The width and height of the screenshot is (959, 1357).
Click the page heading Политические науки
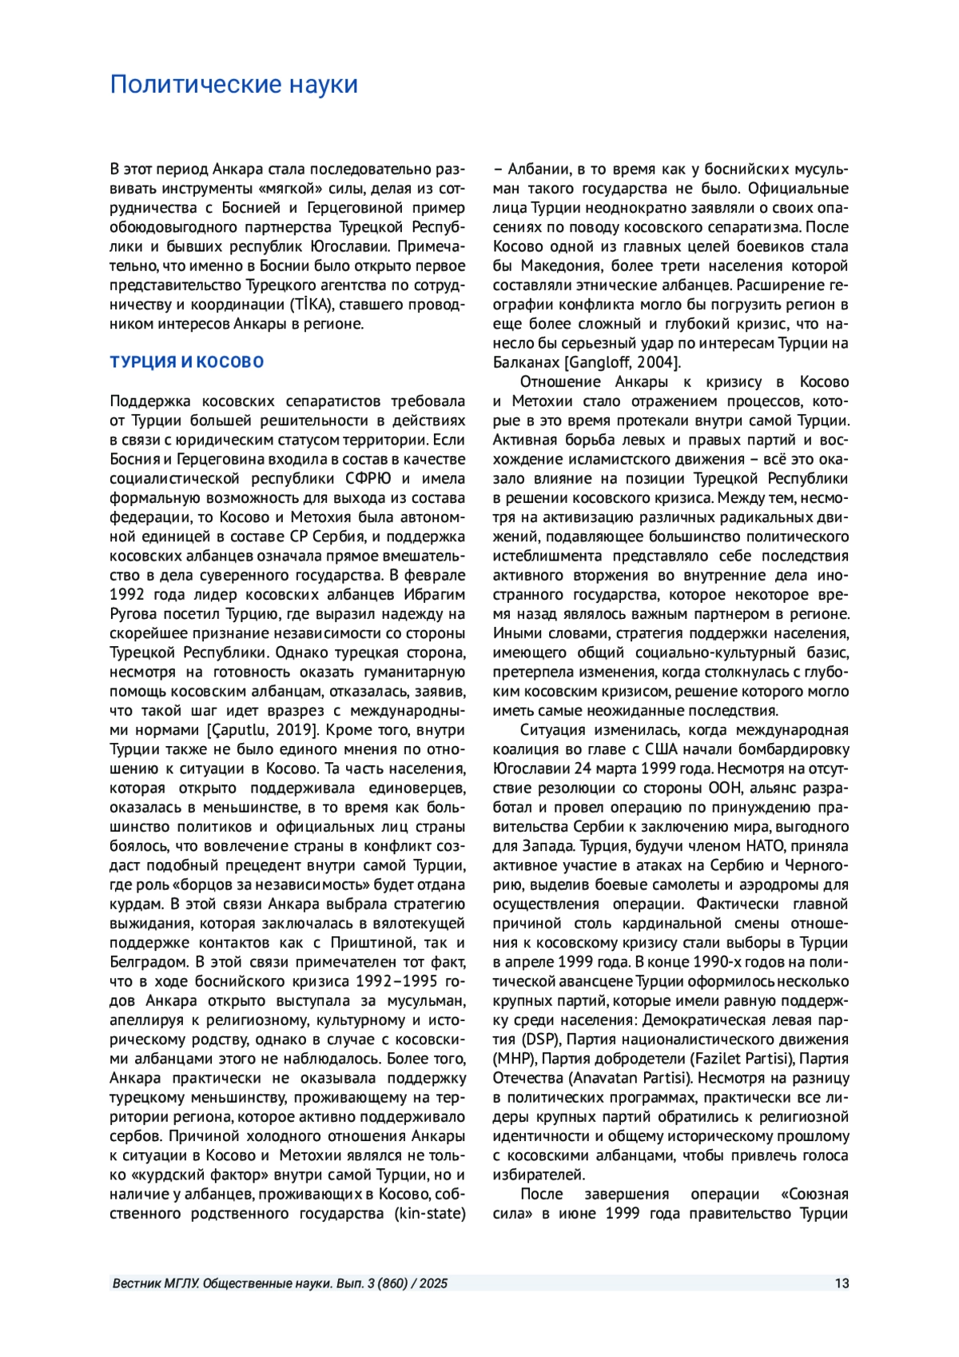[233, 84]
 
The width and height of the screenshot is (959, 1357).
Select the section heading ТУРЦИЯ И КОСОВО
[187, 362]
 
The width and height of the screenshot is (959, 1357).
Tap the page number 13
[842, 1283]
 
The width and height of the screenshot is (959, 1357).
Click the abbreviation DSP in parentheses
[539, 1040]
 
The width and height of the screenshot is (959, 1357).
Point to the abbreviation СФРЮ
[368, 479]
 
